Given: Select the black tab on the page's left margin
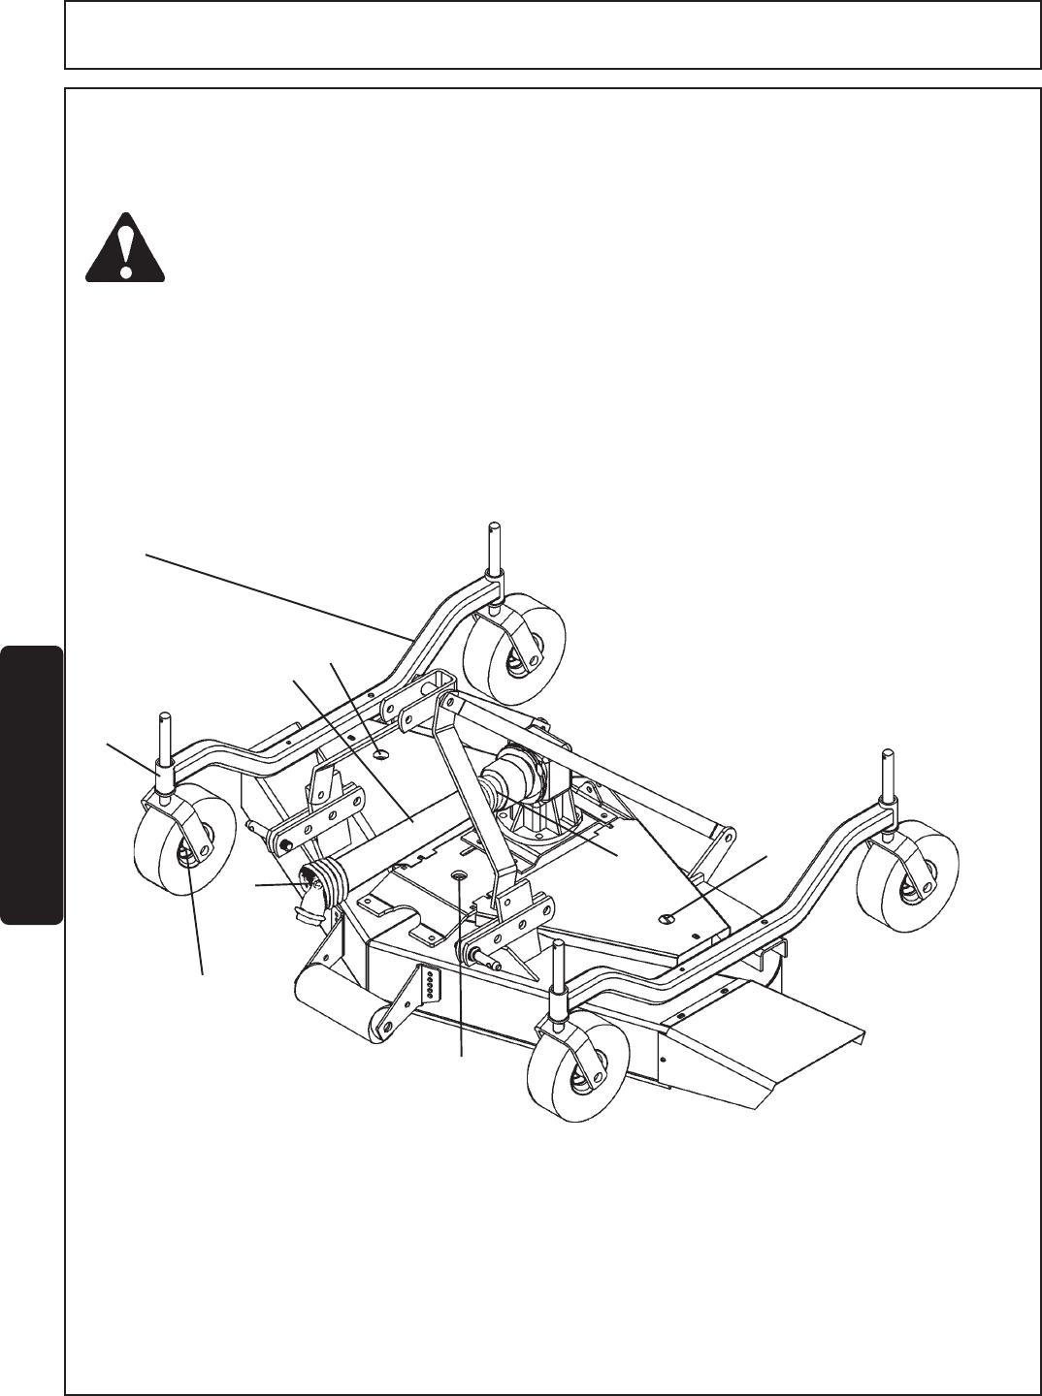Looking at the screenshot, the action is [32, 786].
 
